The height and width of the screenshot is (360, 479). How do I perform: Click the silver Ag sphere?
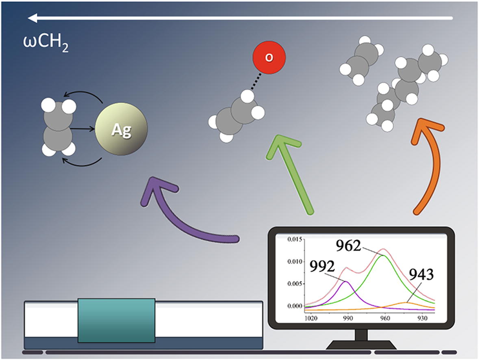tap(121, 131)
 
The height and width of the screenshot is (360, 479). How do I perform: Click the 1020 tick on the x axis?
tap(311, 319)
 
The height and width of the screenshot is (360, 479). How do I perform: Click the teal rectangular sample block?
tap(116, 320)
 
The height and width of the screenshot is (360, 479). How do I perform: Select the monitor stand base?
tap(361, 345)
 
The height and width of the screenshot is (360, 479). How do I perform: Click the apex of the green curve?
tap(383, 255)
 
